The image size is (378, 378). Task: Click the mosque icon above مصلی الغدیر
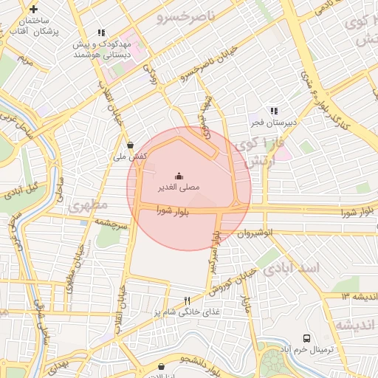tap(179, 176)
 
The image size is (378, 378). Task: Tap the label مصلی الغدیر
tap(179, 188)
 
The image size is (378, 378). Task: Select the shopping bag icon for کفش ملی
tap(131, 145)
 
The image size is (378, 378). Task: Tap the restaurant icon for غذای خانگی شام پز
tap(187, 300)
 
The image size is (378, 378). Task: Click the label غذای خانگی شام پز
tap(187, 312)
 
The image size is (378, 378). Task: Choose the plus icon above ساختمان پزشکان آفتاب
tap(33, 8)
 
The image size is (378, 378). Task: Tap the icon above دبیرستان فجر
tap(274, 111)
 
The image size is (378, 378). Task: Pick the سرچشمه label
tap(113, 221)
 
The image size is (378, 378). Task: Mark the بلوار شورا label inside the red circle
tap(173, 210)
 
